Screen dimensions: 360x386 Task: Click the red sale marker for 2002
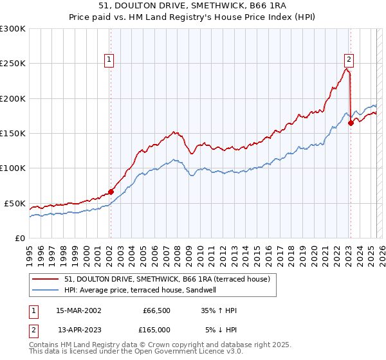[111, 191]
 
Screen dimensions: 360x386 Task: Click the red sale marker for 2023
[351, 123]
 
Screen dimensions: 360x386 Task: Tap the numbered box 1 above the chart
[110, 60]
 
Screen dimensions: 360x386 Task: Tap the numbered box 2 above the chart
[349, 60]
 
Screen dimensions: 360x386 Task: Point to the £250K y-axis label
[12, 64]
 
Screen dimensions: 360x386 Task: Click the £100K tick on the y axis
[12, 168]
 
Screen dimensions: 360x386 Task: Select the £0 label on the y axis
[19, 238]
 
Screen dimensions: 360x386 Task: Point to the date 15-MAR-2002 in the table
[78, 310]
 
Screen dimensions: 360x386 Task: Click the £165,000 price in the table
[156, 330]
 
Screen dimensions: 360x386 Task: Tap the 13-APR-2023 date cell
[78, 330]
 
